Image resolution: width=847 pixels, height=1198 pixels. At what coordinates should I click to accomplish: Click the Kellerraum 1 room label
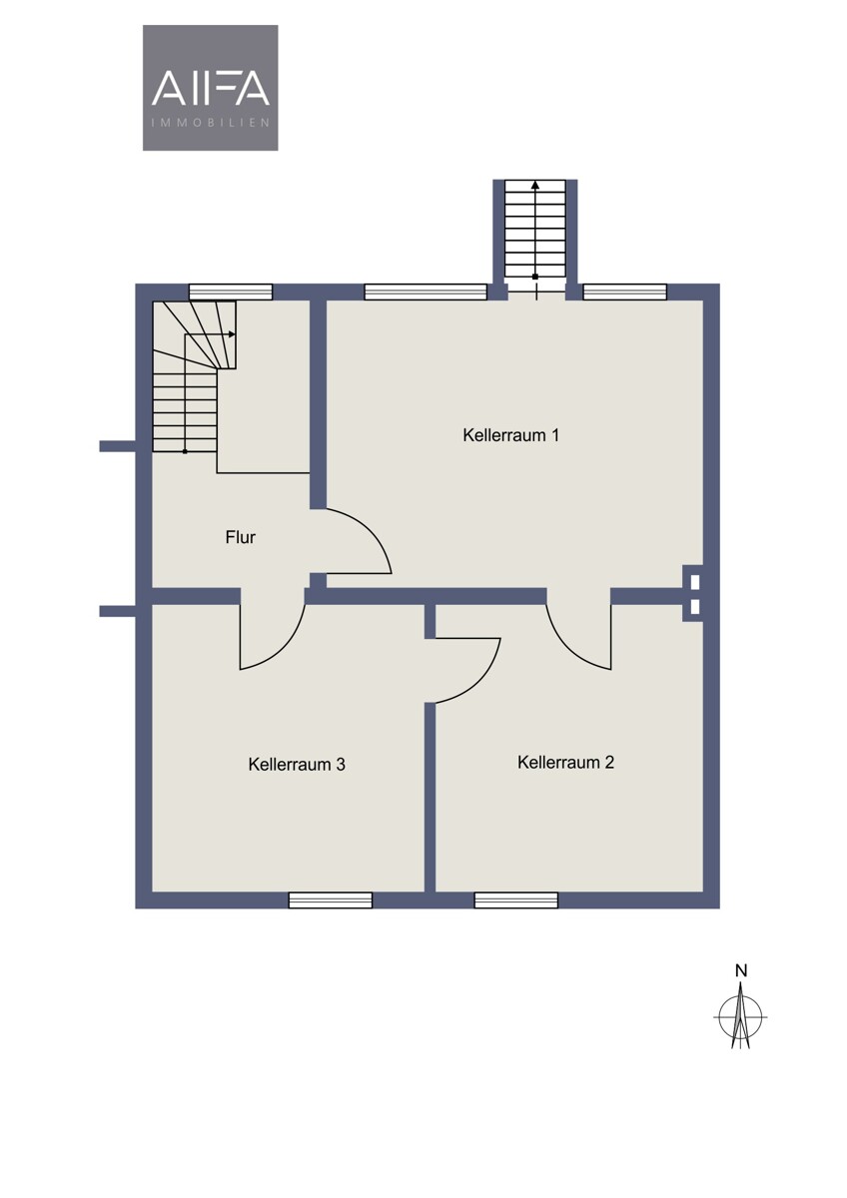510,435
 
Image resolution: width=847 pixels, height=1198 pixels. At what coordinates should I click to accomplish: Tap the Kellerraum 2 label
565,762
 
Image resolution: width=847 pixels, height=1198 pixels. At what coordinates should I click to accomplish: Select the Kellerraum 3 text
297,765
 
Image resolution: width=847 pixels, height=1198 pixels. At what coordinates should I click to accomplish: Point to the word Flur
241,537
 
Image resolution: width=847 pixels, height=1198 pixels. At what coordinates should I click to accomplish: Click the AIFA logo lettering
211,88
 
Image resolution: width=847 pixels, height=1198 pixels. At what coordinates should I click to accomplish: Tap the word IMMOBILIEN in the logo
211,123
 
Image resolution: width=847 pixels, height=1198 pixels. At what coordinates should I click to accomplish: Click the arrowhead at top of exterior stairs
535,185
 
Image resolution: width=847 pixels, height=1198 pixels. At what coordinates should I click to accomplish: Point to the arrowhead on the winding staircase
232,334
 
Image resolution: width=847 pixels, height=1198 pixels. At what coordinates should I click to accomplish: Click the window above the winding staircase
231,292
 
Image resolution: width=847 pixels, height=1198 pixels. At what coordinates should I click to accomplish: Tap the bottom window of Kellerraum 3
331,900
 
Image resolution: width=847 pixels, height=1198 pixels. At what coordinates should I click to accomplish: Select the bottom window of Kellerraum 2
515,900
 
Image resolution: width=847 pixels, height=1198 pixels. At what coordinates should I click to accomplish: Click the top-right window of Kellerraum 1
624,292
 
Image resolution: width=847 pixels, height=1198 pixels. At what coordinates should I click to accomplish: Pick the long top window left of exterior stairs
425,292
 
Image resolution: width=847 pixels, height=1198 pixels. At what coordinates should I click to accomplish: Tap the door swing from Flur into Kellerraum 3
287,650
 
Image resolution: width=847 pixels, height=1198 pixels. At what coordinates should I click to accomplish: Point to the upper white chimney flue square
695,581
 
